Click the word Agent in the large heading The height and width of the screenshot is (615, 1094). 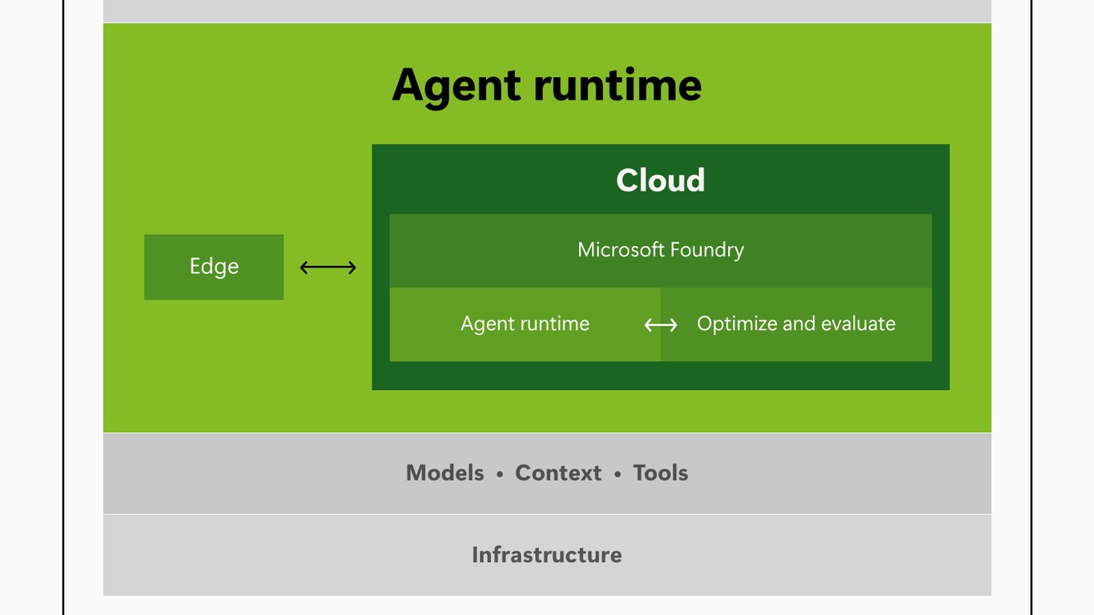[457, 86]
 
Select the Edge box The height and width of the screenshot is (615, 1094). [214, 267]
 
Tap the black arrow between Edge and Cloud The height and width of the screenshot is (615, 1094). [328, 267]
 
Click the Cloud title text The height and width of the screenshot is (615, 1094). [660, 179]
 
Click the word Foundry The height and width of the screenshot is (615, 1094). [707, 251]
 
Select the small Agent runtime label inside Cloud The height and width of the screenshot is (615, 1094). [525, 324]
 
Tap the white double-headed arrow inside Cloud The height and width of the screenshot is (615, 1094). [661, 325]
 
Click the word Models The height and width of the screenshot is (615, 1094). [445, 472]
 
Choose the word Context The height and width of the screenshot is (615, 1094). [558, 472]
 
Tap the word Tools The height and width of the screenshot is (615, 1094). [660, 472]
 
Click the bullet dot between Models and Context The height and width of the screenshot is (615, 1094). [500, 474]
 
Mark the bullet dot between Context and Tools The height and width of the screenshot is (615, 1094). [617, 474]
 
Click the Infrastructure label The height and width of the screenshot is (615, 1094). [547, 555]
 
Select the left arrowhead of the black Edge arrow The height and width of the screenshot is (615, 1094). [304, 267]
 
